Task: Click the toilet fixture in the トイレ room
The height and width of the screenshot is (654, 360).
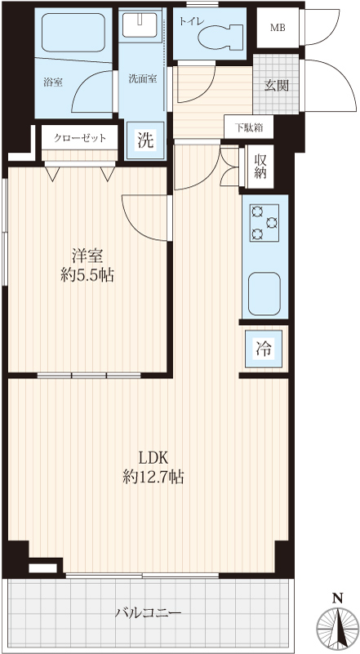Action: [222, 36]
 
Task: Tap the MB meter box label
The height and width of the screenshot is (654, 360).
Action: [278, 28]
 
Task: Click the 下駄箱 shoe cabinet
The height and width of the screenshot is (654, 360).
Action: [249, 127]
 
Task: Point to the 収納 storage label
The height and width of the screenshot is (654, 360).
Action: [260, 166]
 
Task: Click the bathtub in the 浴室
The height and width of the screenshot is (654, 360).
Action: [73, 33]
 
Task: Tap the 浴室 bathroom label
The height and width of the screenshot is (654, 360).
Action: [53, 82]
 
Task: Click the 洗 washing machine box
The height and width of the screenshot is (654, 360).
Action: [145, 140]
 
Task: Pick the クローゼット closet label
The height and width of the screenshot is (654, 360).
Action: [80, 138]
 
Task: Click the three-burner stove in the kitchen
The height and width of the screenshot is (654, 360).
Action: [264, 223]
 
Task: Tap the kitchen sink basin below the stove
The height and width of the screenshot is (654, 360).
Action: [264, 294]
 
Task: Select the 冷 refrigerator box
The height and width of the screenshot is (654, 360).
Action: [264, 349]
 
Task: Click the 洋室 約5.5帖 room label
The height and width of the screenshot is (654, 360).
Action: [87, 265]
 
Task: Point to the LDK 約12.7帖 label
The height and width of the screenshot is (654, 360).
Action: [153, 467]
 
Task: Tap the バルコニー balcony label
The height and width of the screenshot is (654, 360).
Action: [148, 612]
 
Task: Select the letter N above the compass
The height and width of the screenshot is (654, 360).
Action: [337, 599]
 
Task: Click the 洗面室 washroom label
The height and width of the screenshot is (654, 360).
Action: [143, 78]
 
